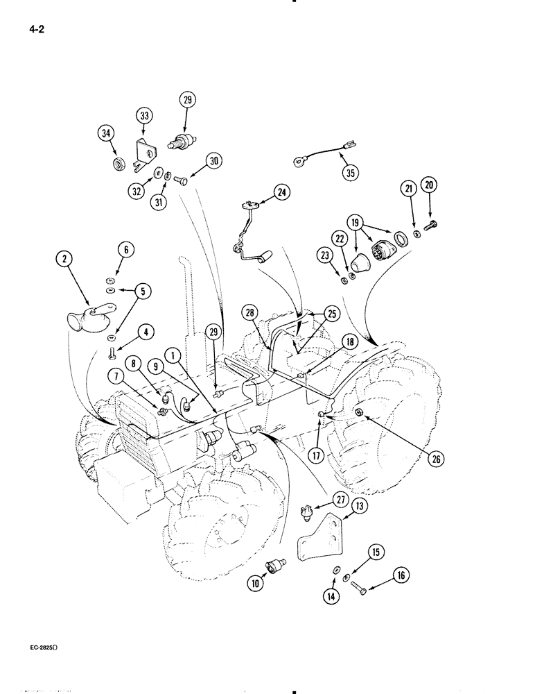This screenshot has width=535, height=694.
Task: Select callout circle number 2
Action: [x=64, y=260]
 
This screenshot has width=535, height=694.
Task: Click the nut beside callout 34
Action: [x=119, y=164]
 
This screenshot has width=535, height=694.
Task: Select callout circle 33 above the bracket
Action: [x=143, y=115]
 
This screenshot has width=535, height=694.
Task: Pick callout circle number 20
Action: [x=430, y=185]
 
